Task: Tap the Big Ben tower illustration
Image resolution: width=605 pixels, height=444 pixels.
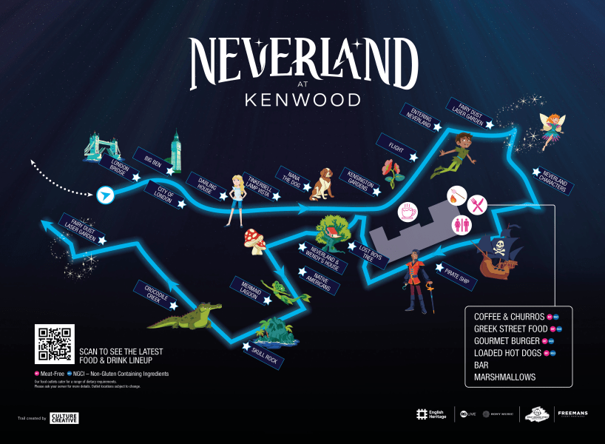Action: click(176, 151)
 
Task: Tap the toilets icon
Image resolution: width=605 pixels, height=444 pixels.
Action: click(463, 223)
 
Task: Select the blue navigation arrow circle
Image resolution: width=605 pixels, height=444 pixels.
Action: click(107, 195)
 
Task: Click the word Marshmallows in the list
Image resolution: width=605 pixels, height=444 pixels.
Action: click(505, 377)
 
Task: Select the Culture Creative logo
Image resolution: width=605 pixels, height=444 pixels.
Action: click(64, 418)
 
